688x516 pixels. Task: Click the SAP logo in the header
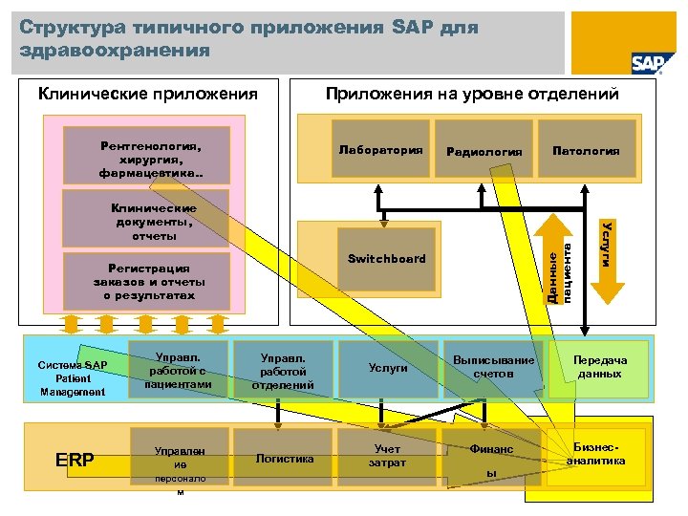pos(647,62)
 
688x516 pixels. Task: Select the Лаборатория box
pos(380,150)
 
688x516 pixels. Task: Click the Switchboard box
pos(386,259)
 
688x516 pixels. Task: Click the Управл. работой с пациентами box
pos(177,370)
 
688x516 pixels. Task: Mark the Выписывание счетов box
pos(494,368)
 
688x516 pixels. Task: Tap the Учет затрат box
pos(388,458)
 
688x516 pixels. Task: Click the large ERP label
pos(75,461)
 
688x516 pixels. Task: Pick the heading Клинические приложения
pos(147,94)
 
